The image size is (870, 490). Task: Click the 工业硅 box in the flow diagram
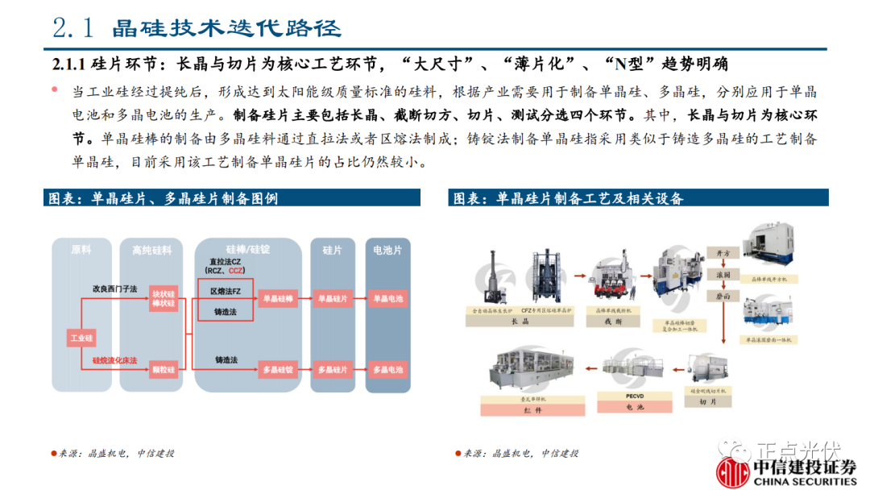coord(82,338)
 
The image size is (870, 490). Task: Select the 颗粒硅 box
coord(164,370)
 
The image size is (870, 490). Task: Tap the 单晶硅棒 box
coord(278,299)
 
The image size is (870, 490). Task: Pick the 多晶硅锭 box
coord(278,370)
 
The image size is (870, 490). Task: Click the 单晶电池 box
coord(387,299)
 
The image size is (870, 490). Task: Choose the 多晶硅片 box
coord(332,370)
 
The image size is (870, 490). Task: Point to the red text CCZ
coord(238,271)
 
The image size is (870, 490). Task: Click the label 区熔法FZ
coord(225,290)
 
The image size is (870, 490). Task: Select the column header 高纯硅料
coord(152,251)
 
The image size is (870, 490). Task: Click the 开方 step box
coord(723,254)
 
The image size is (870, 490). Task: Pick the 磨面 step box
coord(723,296)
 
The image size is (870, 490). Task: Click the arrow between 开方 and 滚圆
coord(723,264)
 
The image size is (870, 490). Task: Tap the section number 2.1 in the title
coord(74,28)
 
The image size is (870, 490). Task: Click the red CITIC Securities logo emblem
coord(733,471)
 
